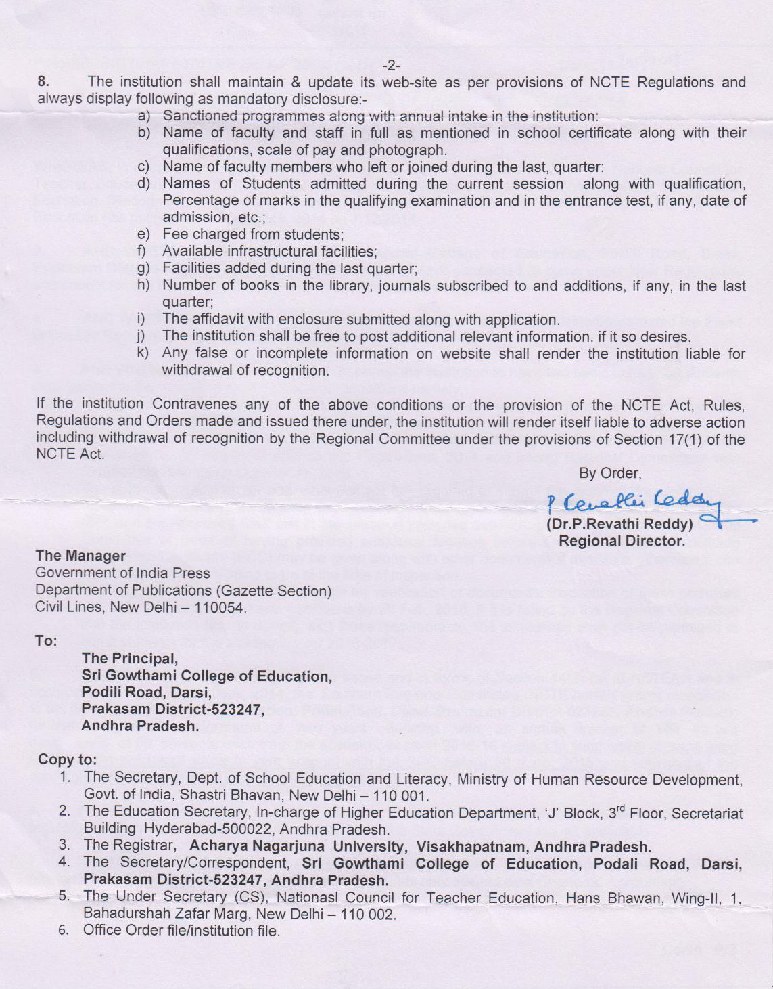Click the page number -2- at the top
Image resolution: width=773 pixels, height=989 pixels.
391,66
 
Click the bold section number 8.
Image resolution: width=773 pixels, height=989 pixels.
43,82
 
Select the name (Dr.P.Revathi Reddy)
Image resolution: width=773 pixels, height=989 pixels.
619,524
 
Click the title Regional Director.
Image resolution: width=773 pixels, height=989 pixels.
621,541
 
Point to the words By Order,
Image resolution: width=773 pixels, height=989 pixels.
609,473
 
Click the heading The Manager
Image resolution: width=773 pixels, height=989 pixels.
80,556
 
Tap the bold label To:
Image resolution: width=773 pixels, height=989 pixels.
46,640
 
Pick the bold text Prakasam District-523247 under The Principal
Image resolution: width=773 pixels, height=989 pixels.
172,709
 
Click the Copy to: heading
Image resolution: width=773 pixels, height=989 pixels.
67,760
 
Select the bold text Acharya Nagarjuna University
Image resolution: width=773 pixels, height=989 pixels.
297,846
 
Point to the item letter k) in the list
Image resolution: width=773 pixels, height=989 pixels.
143,353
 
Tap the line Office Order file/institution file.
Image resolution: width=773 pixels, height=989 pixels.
181,931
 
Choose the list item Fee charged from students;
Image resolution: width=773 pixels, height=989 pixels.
253,234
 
